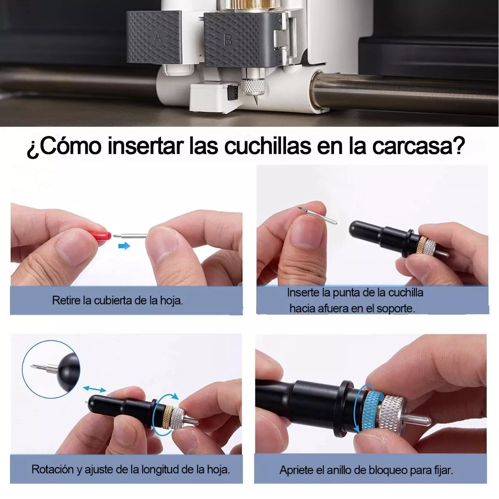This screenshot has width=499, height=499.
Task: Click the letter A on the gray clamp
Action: (x=157, y=37)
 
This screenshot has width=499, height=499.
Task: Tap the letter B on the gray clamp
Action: (x=228, y=40)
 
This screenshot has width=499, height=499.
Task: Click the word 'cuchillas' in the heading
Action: (x=267, y=146)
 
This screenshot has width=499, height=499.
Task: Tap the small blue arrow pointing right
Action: (x=124, y=246)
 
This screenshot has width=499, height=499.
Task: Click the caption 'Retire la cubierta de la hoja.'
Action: (x=118, y=300)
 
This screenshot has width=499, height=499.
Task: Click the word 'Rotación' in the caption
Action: (x=52, y=469)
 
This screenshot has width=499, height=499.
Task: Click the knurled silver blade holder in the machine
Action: (x=253, y=86)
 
